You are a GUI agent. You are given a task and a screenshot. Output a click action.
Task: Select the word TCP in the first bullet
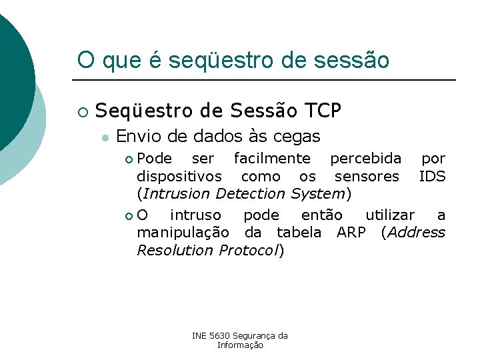323,110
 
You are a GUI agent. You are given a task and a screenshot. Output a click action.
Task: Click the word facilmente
272,159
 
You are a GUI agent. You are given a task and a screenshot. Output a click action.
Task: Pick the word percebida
366,159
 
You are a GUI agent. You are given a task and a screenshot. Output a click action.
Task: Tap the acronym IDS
432,176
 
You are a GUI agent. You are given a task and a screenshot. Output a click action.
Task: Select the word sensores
367,176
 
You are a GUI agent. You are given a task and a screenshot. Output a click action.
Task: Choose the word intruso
195,215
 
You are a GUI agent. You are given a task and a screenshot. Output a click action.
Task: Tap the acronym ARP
351,232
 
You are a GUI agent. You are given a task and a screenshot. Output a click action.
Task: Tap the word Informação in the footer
240,345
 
